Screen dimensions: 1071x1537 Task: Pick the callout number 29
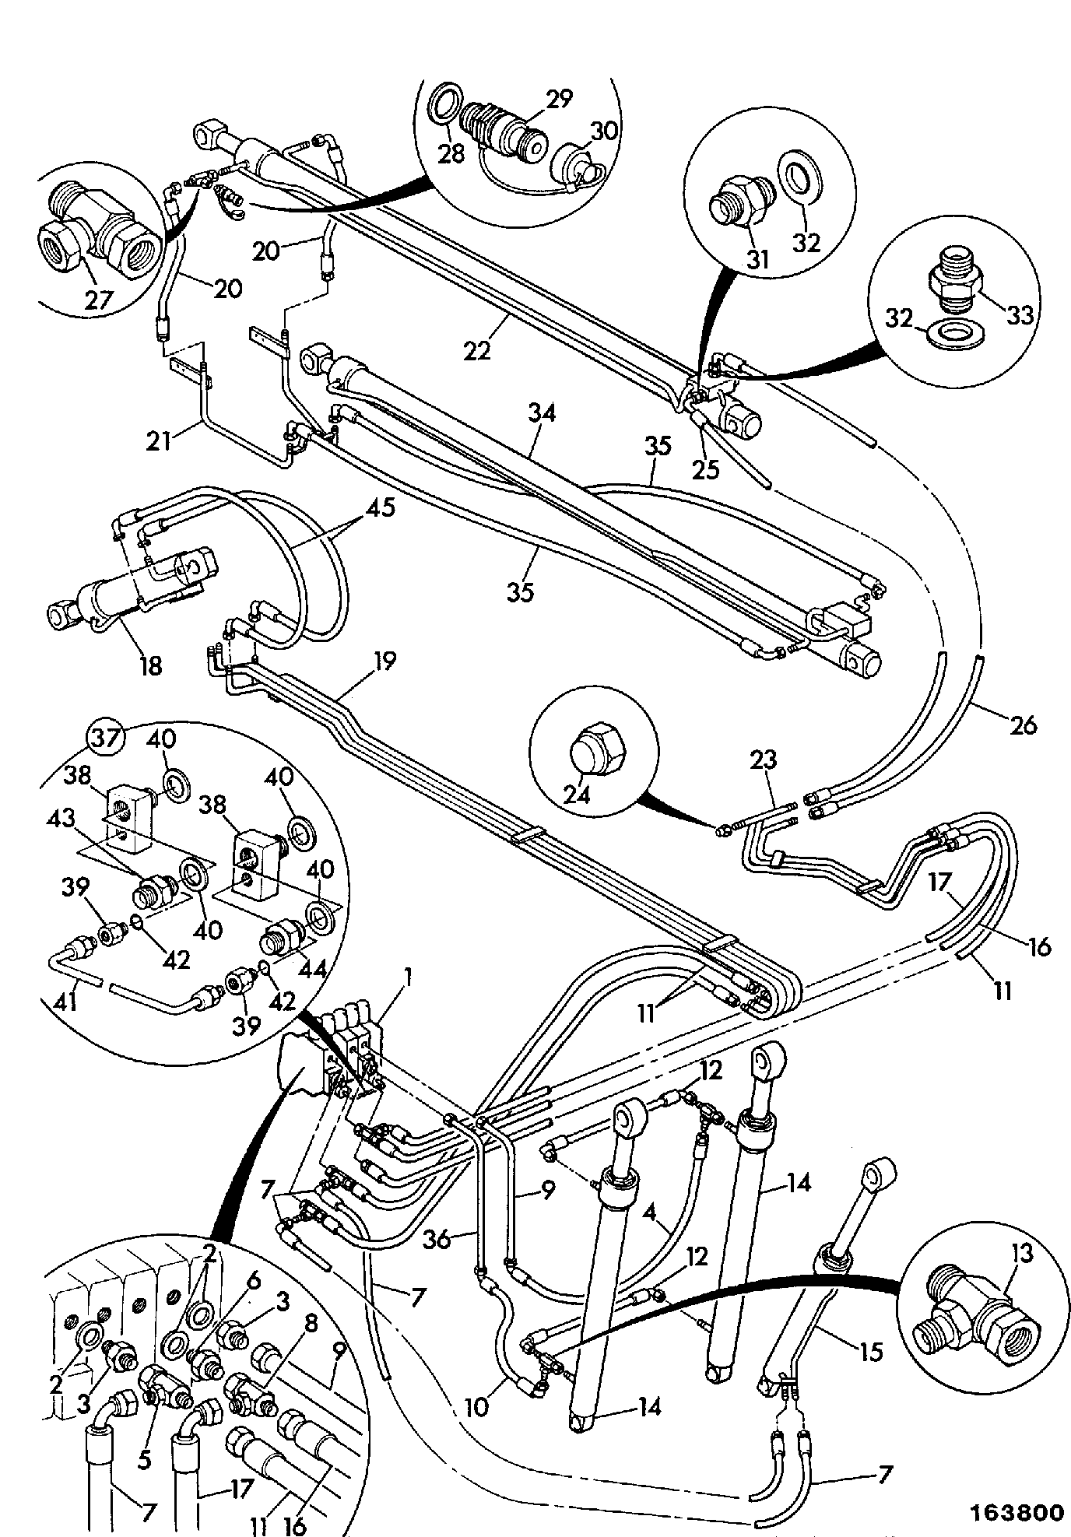click(558, 100)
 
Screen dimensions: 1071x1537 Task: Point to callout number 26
click(1023, 726)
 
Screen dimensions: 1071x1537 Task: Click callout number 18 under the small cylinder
click(150, 665)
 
